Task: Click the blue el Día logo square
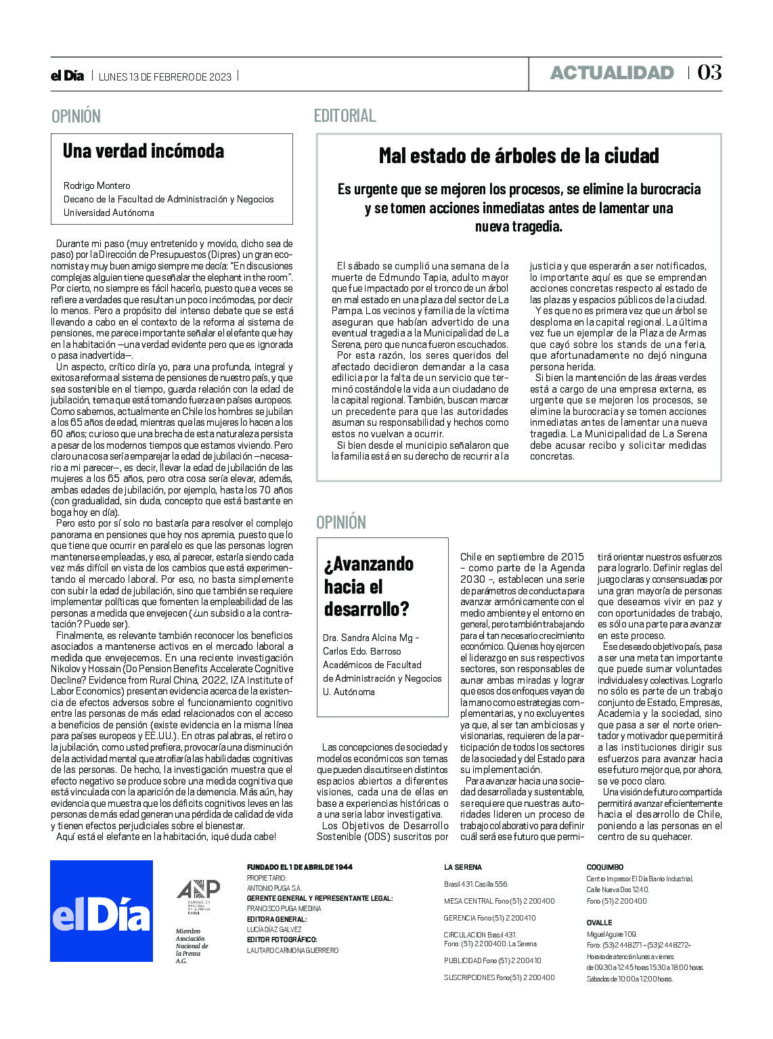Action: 102,910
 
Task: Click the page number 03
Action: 709,72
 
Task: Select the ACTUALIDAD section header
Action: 612,72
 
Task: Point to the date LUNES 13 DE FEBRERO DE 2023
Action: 165,76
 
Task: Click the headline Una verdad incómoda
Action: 143,150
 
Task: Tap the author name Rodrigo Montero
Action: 97,185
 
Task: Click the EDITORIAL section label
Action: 345,116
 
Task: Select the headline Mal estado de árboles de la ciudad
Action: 518,156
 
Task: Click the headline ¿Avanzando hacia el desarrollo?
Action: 369,586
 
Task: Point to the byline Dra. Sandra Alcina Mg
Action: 371,638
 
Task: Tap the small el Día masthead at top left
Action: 67,76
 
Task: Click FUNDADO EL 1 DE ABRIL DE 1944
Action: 299,867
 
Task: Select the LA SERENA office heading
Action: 463,867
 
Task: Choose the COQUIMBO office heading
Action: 604,867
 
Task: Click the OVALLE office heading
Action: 599,923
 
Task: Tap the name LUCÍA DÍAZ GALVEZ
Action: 274,929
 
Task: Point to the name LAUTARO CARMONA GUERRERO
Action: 292,950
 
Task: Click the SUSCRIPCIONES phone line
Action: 499,977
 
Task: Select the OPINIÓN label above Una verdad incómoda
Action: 76,116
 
